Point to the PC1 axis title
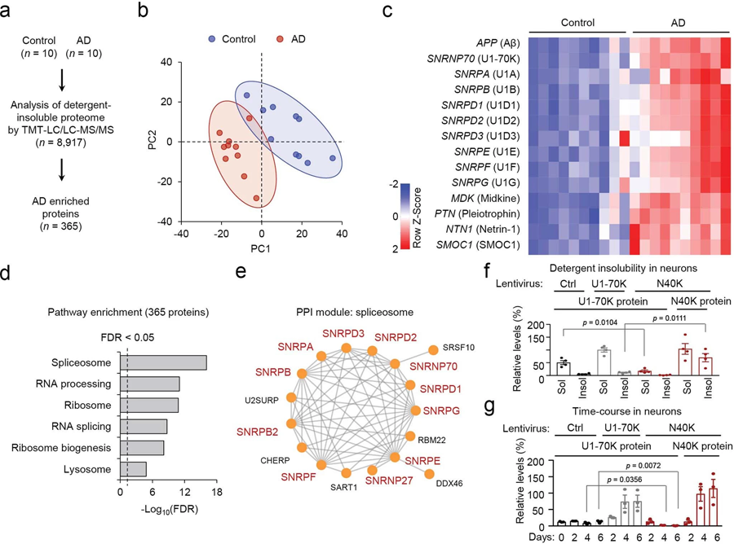click(261, 250)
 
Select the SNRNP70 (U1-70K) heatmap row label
click(473, 59)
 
